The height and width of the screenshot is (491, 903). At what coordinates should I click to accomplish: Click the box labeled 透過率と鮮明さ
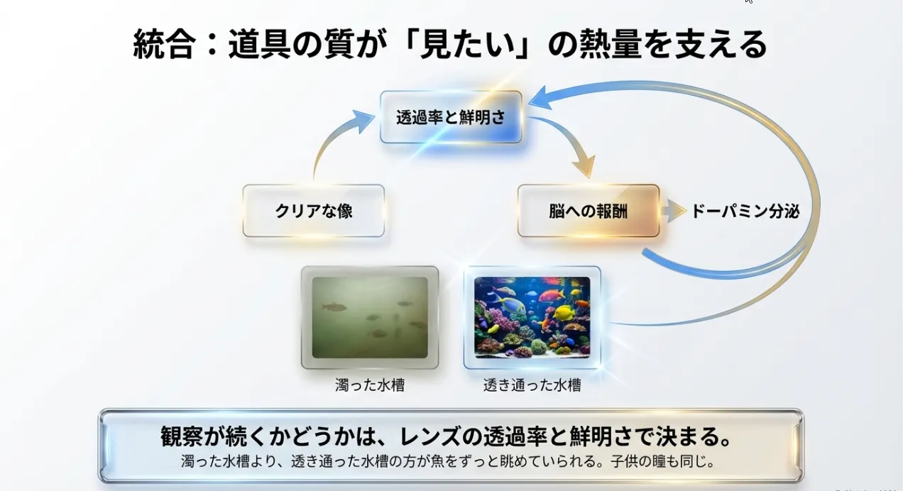click(451, 117)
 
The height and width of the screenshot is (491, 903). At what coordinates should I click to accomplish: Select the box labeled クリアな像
click(314, 211)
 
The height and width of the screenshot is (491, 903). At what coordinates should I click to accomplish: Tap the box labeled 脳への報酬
click(589, 211)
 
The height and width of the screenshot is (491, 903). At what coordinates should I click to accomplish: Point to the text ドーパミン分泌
click(745, 211)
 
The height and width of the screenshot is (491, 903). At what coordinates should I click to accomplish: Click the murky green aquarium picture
click(370, 317)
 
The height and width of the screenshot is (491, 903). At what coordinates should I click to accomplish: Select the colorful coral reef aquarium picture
click(532, 317)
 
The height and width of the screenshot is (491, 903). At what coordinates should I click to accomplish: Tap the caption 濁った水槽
click(370, 385)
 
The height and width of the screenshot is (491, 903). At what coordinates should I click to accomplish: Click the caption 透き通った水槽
click(532, 385)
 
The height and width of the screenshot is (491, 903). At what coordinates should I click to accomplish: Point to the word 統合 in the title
click(164, 44)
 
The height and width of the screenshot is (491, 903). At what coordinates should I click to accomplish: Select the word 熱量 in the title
click(610, 44)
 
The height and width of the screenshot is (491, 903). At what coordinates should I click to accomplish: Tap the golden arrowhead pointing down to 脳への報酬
click(585, 166)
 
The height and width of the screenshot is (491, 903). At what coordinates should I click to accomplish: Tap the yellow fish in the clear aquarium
click(564, 312)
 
